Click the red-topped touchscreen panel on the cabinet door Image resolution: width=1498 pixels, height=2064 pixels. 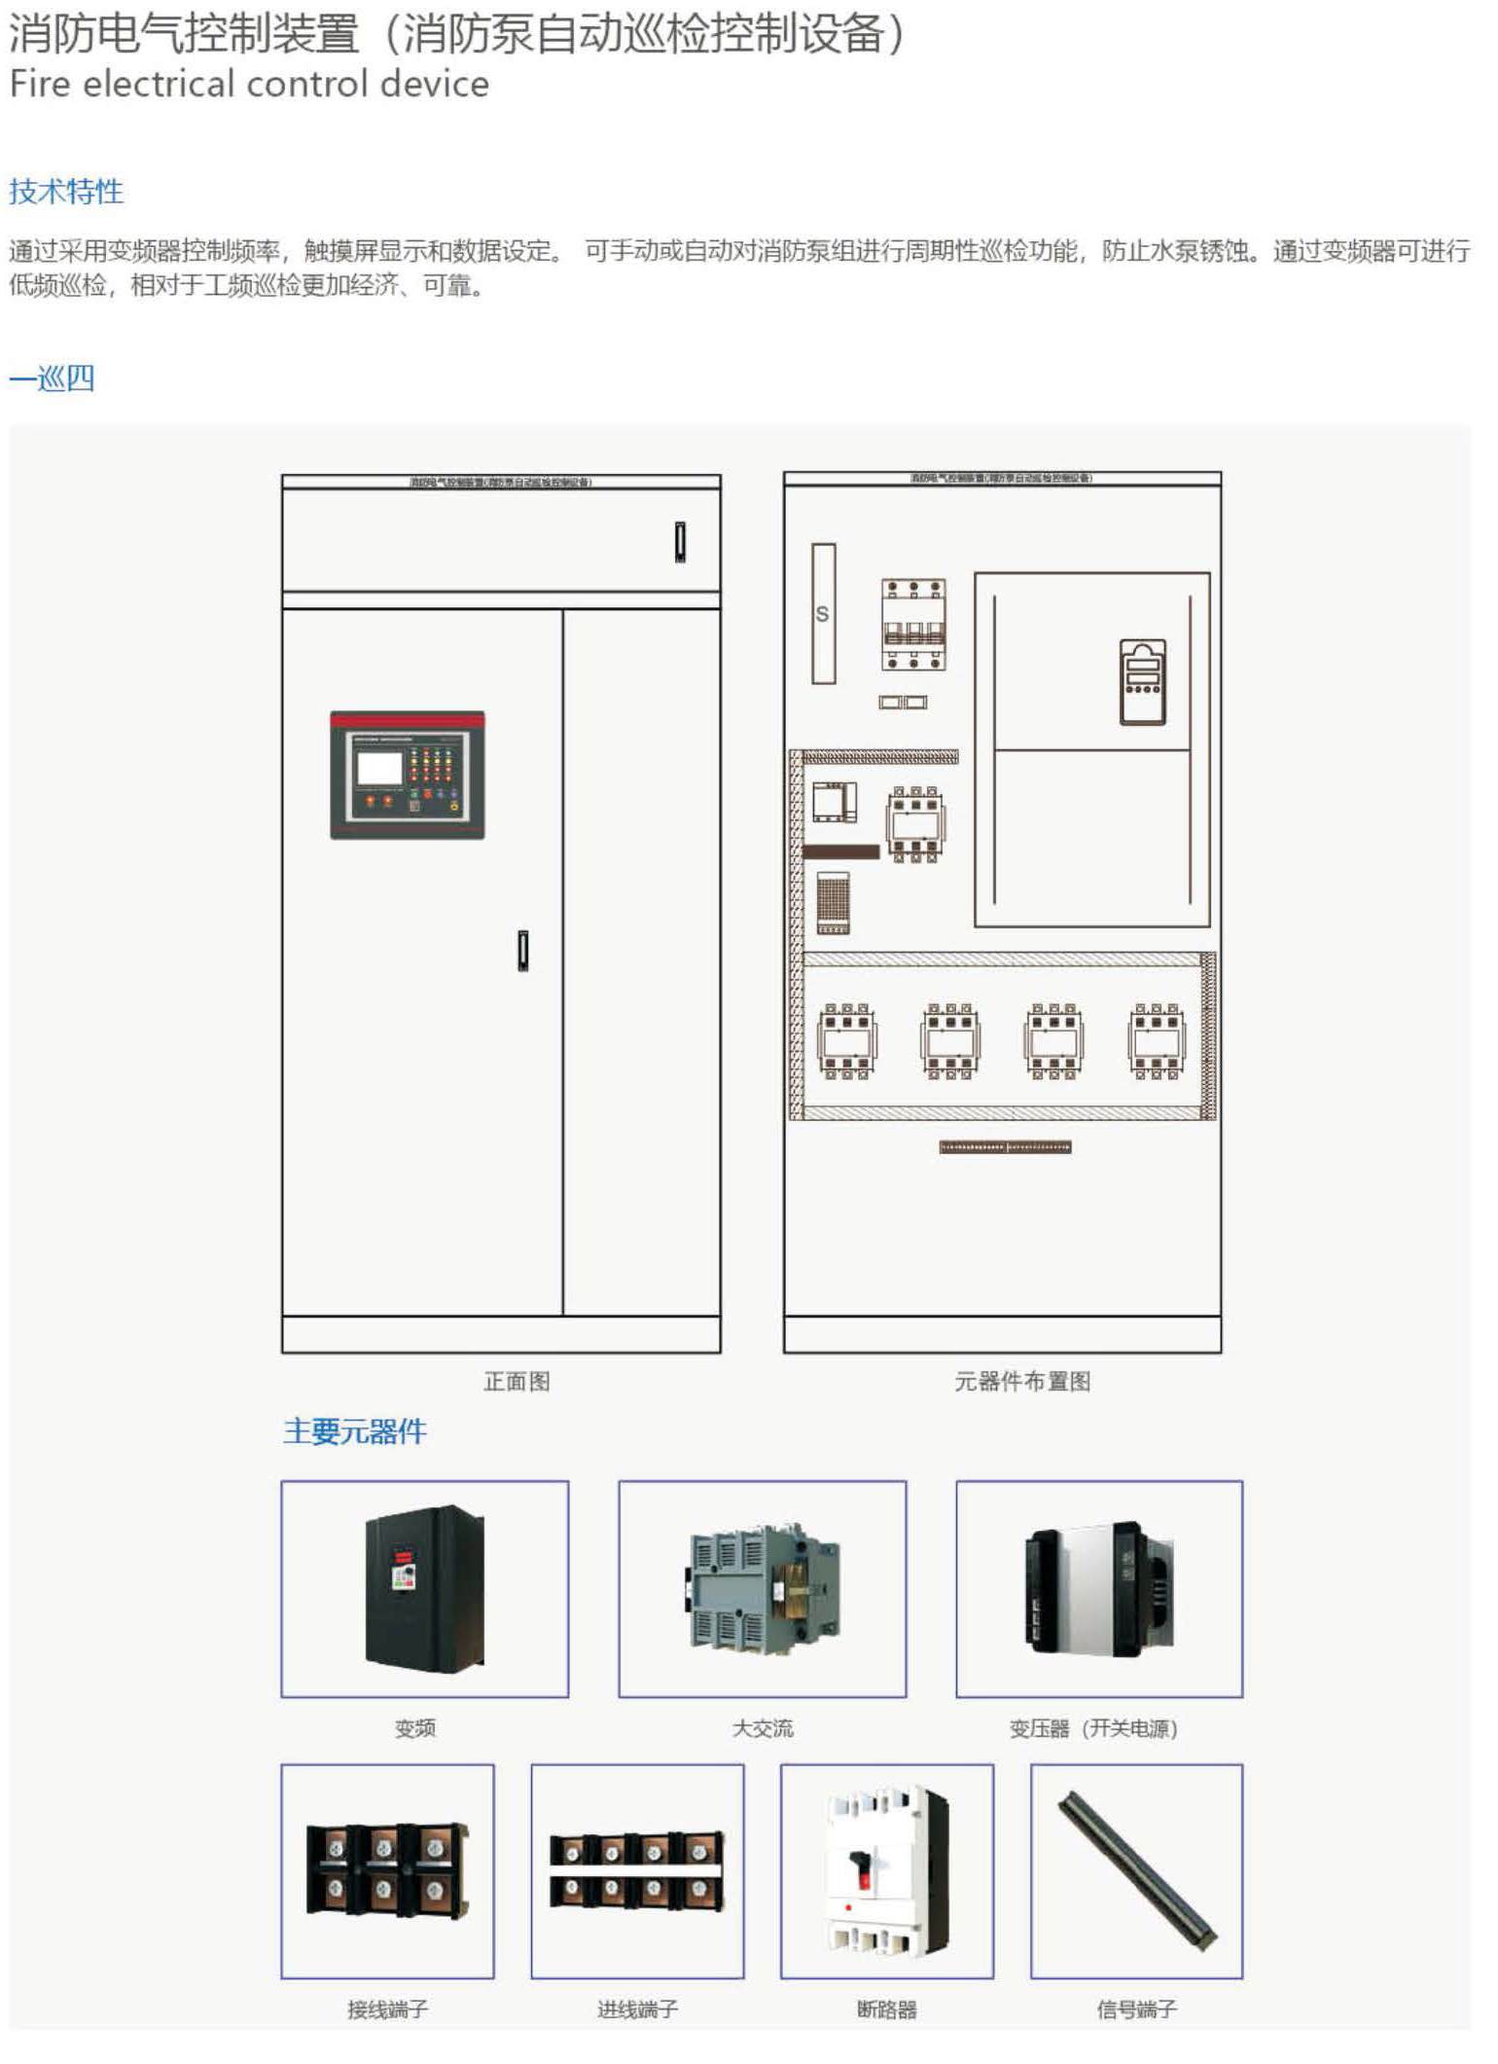coord(408,775)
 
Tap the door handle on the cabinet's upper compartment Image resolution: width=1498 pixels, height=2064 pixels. coord(681,541)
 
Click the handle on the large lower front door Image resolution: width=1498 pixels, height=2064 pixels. coord(523,951)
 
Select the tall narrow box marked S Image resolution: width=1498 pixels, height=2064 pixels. coord(823,613)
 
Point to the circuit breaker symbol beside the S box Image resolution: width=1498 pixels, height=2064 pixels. coord(913,625)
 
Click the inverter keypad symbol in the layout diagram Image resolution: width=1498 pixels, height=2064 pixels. coord(1142,681)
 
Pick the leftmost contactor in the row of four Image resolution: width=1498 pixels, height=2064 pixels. coord(847,1041)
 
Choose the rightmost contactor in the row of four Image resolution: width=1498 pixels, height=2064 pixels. coord(1157,1041)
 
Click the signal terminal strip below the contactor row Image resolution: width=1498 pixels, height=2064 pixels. coord(1005,1147)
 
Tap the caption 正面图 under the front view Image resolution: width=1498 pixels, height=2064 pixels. coord(517,1381)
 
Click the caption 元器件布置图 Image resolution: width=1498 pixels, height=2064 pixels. coord(1022,1381)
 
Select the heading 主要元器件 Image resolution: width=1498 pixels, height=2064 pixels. coord(355,1430)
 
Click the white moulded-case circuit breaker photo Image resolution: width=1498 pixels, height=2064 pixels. coord(886,1870)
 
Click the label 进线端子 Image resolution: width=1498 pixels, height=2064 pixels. coord(637,2009)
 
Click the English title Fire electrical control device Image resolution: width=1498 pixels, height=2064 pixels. coord(249,84)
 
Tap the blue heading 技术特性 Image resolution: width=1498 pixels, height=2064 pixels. coord(66,191)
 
